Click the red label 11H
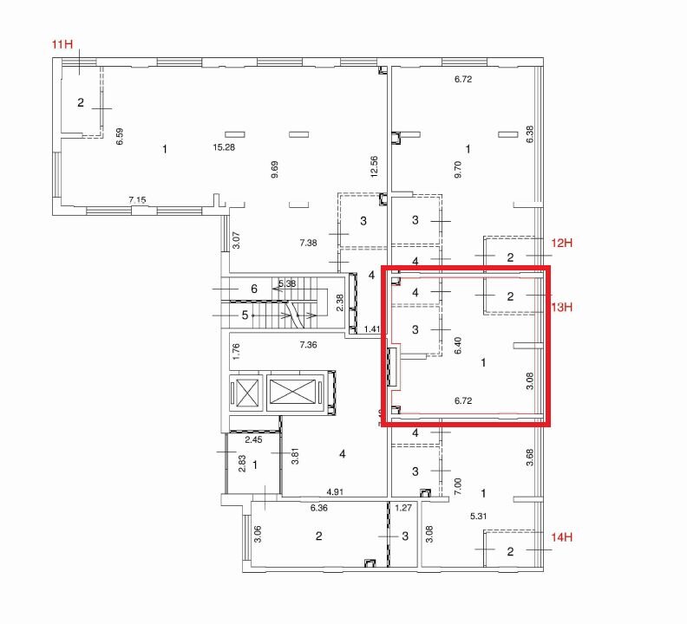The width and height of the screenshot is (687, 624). (62, 44)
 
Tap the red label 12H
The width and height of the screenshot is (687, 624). (562, 243)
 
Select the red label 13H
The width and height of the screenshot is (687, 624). (562, 308)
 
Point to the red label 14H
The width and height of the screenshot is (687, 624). (562, 537)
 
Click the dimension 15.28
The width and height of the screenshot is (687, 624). (224, 147)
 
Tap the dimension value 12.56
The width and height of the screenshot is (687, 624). (374, 166)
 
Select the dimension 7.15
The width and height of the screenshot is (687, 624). (137, 200)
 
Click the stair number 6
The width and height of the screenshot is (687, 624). (254, 289)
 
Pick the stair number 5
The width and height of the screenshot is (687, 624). (245, 315)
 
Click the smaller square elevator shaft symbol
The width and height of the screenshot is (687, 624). (246, 392)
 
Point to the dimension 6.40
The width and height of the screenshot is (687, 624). (458, 346)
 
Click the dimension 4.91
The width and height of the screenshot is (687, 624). (335, 492)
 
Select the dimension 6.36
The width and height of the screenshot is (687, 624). (319, 508)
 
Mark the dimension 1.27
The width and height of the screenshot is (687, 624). (403, 508)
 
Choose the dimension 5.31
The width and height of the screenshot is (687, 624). (479, 517)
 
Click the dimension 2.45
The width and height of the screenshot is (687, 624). (253, 440)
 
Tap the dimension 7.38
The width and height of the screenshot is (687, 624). (309, 243)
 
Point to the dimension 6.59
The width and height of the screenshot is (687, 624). (119, 136)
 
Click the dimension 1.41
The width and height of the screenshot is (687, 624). (372, 329)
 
